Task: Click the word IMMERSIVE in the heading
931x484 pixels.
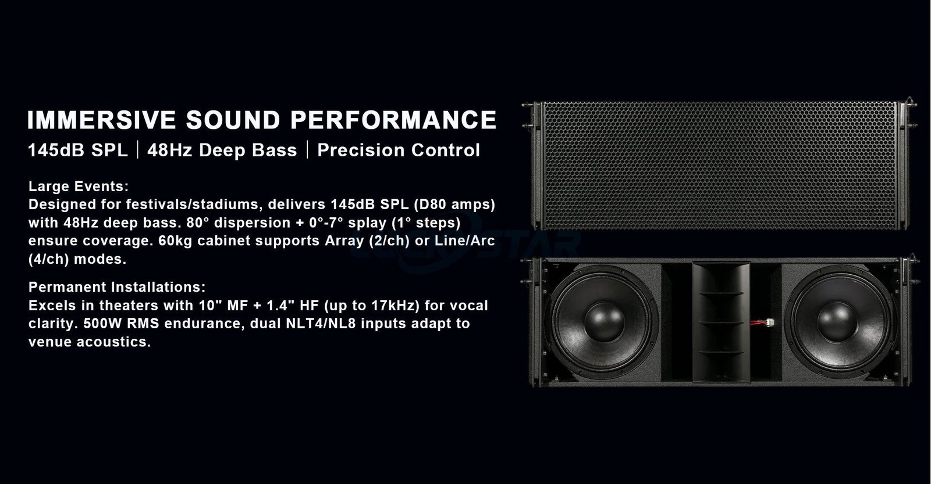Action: [x=102, y=120]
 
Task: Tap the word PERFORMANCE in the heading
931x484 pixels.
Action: [x=393, y=120]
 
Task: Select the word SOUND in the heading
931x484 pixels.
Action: [x=233, y=120]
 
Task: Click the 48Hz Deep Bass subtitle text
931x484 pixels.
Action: [x=222, y=150]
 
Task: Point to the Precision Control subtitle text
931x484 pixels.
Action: [x=399, y=150]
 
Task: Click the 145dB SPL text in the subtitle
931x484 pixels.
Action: [x=78, y=150]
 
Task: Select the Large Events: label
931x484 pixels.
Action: [x=79, y=187]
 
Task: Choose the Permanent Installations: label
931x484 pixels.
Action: [x=117, y=287]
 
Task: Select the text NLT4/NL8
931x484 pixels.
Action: [x=321, y=324]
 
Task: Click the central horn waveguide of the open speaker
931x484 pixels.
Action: [x=721, y=322]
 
